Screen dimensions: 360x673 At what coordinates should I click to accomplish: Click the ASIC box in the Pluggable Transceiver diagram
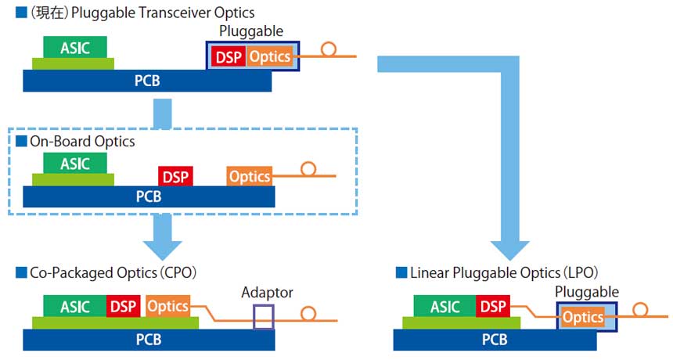click(x=74, y=47)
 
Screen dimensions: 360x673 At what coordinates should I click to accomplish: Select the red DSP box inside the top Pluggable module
click(x=228, y=56)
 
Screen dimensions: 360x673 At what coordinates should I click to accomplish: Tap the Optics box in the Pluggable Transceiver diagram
click(x=269, y=56)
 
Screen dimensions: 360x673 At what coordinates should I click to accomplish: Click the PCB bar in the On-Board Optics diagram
click(x=149, y=196)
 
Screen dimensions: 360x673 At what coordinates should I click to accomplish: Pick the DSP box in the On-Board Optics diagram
click(x=175, y=176)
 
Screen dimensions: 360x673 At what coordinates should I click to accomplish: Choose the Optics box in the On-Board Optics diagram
click(x=250, y=176)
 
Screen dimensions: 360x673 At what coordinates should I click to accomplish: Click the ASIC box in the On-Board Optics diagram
click(x=74, y=164)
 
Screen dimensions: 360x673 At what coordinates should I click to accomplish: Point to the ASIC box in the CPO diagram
click(x=74, y=307)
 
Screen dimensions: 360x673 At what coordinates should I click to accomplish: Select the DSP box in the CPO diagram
click(x=124, y=307)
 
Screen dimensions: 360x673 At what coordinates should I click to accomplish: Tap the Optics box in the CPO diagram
click(x=167, y=307)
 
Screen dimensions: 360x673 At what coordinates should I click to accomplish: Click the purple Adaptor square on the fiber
click(x=264, y=317)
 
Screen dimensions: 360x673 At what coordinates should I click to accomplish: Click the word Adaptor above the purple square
click(x=267, y=293)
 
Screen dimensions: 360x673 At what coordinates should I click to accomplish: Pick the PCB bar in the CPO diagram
click(x=149, y=340)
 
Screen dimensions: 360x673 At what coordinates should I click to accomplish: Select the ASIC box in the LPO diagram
click(x=444, y=307)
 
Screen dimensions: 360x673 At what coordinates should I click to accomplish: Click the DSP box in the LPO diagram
click(x=493, y=307)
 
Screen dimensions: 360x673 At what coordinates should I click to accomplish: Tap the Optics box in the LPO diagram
click(x=583, y=317)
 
